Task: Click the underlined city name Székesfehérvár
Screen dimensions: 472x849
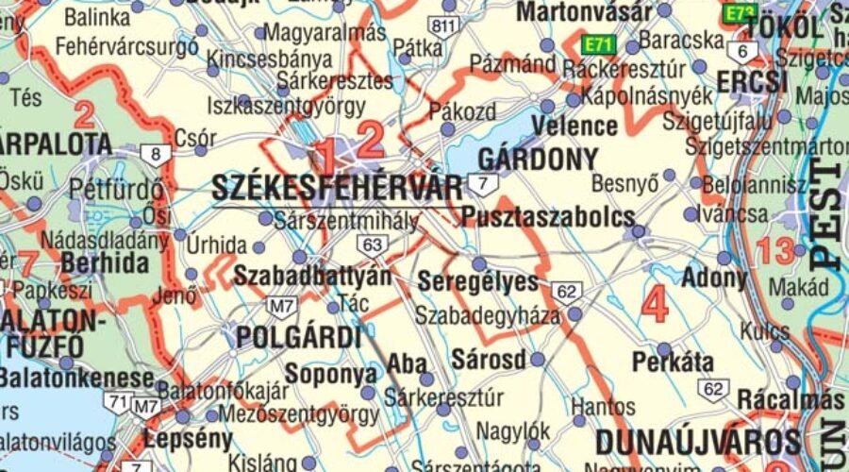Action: pyautogui.click(x=337, y=188)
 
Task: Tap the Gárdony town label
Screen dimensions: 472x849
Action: pyautogui.click(x=539, y=158)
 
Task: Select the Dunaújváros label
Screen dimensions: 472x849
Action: pyautogui.click(x=698, y=442)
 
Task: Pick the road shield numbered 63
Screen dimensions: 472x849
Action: pyautogui.click(x=374, y=245)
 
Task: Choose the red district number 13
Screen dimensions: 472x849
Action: pyautogui.click(x=775, y=251)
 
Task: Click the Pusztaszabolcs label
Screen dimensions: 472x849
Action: pyautogui.click(x=548, y=217)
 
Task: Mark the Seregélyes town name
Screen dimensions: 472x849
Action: pyautogui.click(x=477, y=282)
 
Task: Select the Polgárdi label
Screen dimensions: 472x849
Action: pyautogui.click(x=299, y=337)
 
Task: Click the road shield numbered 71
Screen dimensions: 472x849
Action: pyautogui.click(x=118, y=402)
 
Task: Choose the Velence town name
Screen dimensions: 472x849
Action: pyautogui.click(x=574, y=126)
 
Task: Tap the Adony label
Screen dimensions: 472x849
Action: pyautogui.click(x=714, y=278)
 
